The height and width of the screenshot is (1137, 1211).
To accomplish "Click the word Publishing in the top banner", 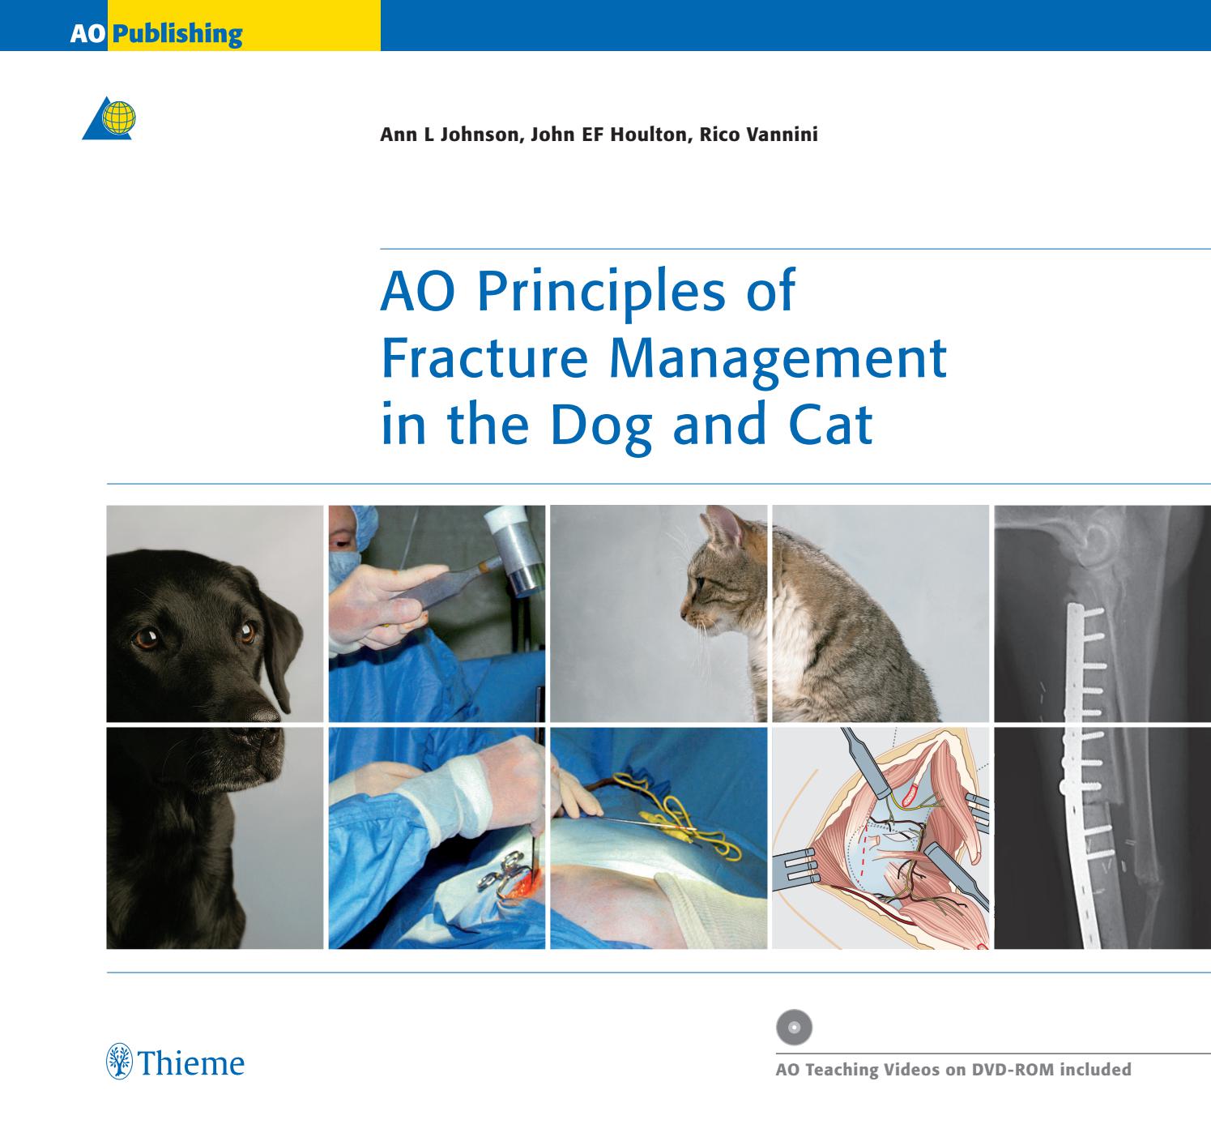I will click(177, 34).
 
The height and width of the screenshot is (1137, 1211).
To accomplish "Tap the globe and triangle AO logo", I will click(110, 118).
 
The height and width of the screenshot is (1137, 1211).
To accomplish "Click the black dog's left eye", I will click(146, 639).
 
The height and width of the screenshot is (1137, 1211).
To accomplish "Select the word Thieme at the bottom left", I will click(192, 1062).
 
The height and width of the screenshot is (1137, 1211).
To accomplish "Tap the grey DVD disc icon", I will click(794, 1027).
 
